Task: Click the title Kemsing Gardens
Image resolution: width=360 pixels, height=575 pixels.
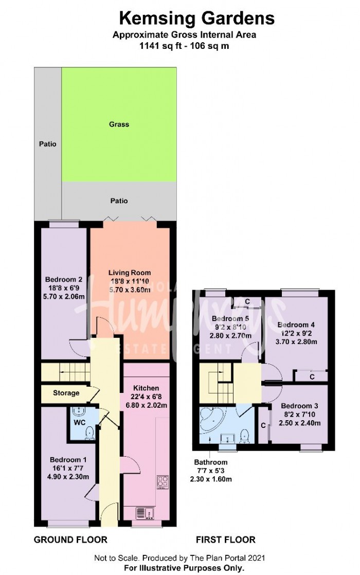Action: (x=197, y=19)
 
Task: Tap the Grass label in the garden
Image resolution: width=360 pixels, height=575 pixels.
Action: (x=119, y=124)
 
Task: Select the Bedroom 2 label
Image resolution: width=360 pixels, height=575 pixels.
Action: (x=63, y=280)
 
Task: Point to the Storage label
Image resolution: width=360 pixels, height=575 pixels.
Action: (x=66, y=393)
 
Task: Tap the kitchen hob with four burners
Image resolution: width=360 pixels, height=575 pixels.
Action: (x=163, y=482)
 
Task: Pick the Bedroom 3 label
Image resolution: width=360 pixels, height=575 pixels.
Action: (x=299, y=406)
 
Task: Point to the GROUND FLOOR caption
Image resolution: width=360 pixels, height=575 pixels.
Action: (x=70, y=540)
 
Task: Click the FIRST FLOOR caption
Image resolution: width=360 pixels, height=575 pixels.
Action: (x=225, y=540)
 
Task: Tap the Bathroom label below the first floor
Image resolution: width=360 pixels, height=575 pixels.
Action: (x=210, y=461)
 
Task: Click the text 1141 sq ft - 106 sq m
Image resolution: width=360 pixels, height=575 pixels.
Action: (x=184, y=45)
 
